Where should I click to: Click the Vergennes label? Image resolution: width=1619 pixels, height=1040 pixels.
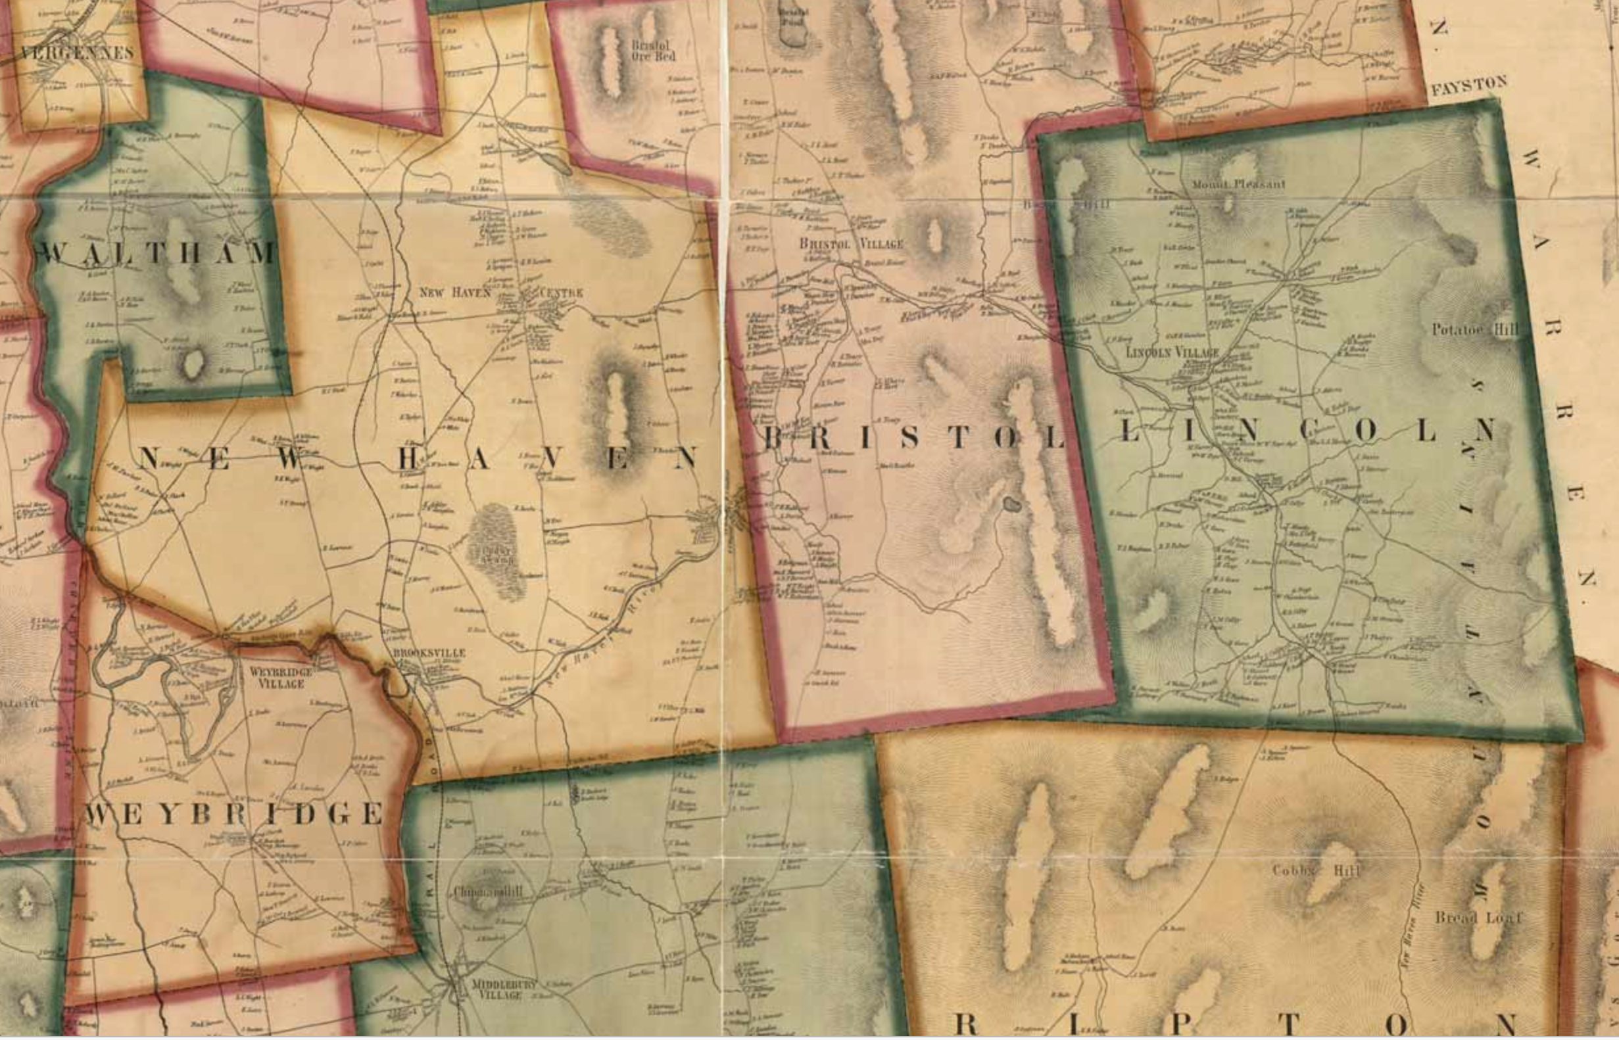[x=77, y=53]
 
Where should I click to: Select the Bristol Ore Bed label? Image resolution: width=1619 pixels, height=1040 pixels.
[x=652, y=51]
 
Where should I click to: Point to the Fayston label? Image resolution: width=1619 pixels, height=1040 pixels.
[x=1468, y=85]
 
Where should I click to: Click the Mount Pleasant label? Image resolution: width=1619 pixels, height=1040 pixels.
[x=1238, y=183]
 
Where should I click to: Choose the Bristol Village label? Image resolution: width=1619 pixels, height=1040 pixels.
[x=850, y=243]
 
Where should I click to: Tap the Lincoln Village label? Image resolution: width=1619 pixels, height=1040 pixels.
[x=1172, y=352]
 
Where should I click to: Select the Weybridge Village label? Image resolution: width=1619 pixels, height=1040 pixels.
[x=281, y=678]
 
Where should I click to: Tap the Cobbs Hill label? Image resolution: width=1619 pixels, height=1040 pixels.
[x=1315, y=870]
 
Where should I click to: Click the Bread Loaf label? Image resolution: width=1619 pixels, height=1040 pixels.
[x=1478, y=918]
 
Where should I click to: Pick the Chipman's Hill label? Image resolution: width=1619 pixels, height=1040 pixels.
[x=488, y=891]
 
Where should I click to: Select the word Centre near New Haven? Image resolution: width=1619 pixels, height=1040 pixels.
[x=562, y=293]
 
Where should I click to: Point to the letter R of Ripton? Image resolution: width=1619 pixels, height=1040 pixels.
[x=967, y=1024]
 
